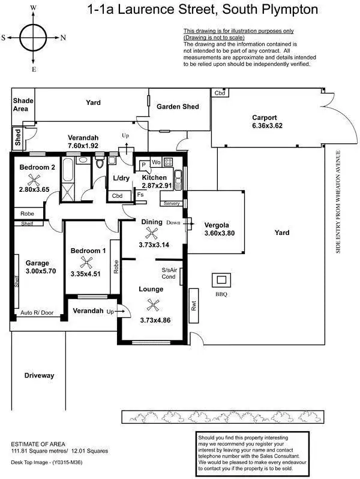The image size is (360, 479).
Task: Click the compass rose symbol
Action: [34, 37]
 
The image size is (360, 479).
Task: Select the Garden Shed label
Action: [178, 107]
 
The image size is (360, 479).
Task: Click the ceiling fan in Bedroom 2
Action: [38, 179]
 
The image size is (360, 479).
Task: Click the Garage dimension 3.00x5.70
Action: [37, 271]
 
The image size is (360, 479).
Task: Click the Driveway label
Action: [40, 375]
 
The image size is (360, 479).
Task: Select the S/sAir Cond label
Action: [169, 273]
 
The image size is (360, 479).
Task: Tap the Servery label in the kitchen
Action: [171, 204]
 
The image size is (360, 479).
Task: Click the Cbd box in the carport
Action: [220, 93]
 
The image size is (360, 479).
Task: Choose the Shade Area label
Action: [23, 105]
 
